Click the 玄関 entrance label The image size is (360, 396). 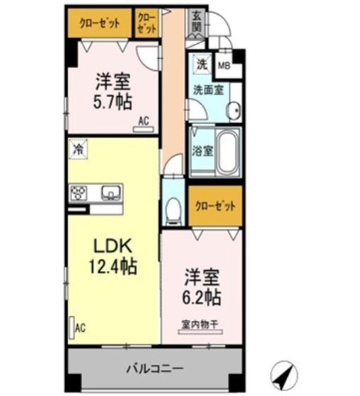tap(196, 23)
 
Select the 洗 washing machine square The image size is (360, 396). tap(201, 64)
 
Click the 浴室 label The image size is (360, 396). tap(202, 150)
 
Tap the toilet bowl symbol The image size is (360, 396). tap(173, 209)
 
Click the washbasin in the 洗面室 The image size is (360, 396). tap(233, 110)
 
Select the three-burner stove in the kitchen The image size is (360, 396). tap(79, 192)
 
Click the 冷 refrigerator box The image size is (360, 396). tap(76, 149)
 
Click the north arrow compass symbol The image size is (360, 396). tap(285, 373)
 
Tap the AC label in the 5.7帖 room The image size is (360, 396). tap(144, 121)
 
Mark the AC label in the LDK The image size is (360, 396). tap(81, 328)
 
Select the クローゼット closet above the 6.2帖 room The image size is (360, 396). tap(215, 206)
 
